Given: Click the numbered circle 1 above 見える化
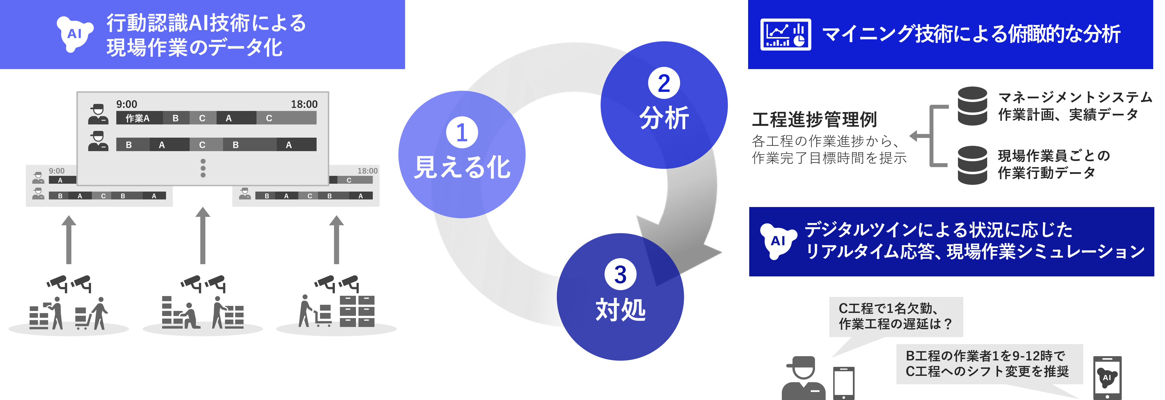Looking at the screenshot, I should pos(462,132).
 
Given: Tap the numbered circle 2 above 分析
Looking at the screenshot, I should pos(664,83).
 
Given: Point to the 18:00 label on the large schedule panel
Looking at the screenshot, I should pos(304,104).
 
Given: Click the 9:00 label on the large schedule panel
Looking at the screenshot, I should pos(127,104).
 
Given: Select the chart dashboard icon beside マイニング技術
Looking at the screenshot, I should pos(785,34).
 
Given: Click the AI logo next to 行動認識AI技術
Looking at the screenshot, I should pos(75,34).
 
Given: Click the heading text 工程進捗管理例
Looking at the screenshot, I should pos(814,120).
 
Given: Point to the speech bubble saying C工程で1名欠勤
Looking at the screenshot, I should pos(896,316).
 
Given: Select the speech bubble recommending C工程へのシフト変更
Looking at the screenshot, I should pos(989,364).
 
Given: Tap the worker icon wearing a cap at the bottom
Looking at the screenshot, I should pos(803,379).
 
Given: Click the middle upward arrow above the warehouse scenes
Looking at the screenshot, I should pos(203,235).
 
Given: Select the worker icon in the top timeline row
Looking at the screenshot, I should pos(98,114).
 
